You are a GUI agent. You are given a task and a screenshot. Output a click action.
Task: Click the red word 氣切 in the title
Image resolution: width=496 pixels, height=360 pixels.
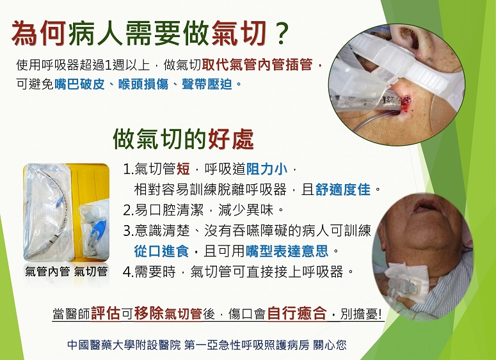click(239, 33)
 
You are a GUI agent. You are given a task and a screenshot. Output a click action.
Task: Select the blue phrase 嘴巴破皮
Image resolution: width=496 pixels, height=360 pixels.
click(79, 84)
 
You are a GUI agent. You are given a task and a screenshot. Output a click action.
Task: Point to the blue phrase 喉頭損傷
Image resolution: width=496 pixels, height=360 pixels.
click(143, 84)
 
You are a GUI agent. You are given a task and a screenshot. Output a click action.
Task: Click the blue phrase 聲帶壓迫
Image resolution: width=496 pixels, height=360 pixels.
click(207, 84)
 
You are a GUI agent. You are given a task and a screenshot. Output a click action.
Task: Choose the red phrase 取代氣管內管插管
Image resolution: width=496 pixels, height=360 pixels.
click(257, 65)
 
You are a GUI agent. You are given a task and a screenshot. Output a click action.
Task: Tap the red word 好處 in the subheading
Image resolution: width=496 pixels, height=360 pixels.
click(231, 139)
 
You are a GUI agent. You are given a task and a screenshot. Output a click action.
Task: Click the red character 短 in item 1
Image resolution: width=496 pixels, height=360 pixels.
click(183, 169)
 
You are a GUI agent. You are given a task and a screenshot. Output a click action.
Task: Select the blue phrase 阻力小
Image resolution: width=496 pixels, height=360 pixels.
click(267, 169)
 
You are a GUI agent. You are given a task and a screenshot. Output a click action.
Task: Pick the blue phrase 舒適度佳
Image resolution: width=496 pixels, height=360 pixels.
click(343, 190)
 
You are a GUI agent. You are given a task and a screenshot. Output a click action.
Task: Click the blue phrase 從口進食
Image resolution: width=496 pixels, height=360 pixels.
click(161, 251)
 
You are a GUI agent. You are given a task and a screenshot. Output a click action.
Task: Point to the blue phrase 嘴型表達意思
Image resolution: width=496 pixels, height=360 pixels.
click(287, 251)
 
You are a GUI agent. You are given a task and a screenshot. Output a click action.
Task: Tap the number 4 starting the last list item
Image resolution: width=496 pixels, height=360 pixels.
click(127, 272)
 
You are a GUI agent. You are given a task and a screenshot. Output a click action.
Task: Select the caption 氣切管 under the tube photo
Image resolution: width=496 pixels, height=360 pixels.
click(91, 272)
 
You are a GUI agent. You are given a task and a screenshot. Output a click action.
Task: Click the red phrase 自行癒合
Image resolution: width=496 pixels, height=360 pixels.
click(296, 313)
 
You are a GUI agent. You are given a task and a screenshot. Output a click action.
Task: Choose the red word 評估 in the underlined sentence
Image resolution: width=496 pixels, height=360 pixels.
click(106, 313)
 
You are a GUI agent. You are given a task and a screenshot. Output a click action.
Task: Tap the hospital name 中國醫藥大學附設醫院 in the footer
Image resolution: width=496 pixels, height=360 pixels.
click(124, 345)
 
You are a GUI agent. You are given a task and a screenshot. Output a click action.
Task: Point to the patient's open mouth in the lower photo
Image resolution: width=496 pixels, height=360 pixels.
click(423, 208)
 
